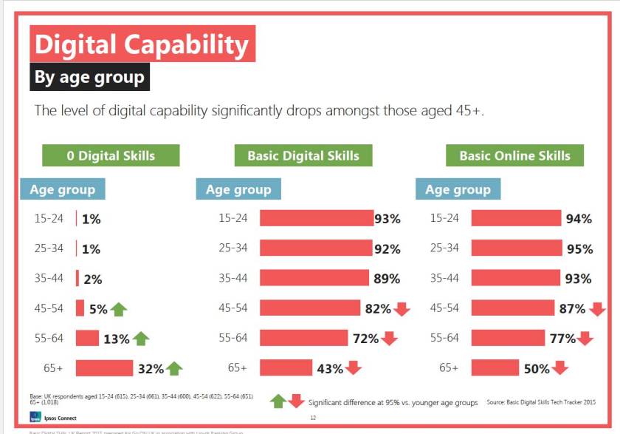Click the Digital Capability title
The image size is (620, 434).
point(142,44)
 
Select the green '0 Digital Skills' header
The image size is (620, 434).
point(111,155)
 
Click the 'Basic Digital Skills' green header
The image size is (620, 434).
point(303,155)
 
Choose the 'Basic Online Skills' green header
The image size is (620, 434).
point(514,155)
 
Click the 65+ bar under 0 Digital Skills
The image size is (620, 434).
point(104,367)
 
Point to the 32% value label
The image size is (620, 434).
point(151,368)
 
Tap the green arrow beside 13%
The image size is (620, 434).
point(140,339)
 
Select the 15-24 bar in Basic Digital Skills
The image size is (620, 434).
point(317,218)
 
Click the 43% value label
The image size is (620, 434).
point(331,368)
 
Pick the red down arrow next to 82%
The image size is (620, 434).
point(402,308)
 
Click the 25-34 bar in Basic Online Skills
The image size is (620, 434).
point(517,248)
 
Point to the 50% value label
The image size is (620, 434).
point(537,368)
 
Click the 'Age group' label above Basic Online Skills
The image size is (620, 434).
point(458,190)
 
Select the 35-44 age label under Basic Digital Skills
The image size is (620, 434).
point(232,279)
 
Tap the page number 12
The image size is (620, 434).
point(313,418)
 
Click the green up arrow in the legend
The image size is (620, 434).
point(278,401)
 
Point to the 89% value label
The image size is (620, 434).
point(386,279)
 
